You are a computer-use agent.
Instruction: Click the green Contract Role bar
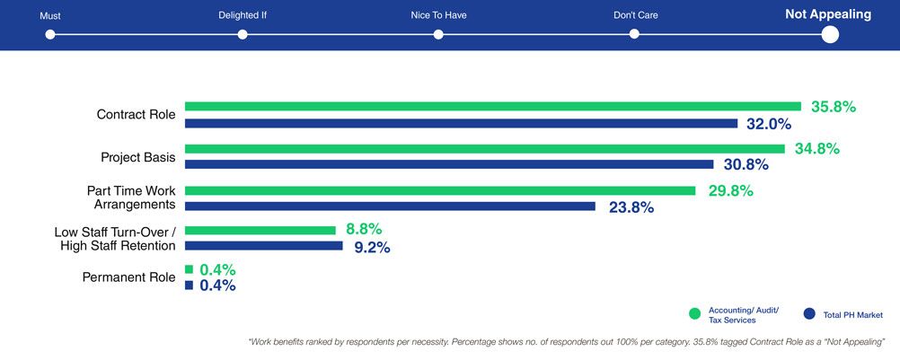[492, 106]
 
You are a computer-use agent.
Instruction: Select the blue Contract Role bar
[461, 123]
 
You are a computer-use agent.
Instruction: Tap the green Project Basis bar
[485, 148]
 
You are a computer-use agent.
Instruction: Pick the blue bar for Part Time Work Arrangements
[390, 206]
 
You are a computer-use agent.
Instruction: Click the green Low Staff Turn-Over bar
[260, 230]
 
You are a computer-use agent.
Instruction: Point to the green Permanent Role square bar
[189, 269]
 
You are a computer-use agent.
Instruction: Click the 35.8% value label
[834, 107]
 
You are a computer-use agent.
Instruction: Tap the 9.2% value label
[372, 247]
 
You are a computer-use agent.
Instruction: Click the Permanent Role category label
[128, 277]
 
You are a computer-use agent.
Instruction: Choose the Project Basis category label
[137, 158]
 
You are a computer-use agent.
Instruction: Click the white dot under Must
[50, 34]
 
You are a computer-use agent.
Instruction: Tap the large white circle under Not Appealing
[830, 34]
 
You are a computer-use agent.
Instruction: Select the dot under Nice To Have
[438, 34]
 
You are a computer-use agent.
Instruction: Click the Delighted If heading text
[243, 15]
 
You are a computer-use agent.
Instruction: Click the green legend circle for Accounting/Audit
[694, 313]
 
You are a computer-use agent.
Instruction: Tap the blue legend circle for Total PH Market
[809, 313]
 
